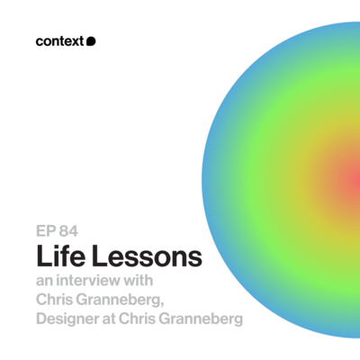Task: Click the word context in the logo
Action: coord(60,40)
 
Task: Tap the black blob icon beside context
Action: coord(91,40)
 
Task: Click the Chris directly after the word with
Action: coord(58,300)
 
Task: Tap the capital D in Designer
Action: coord(42,320)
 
